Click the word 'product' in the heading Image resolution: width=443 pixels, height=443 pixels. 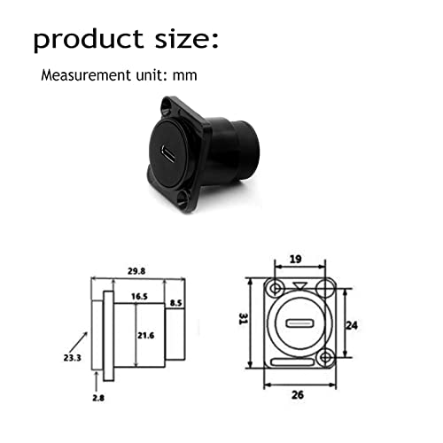click(89, 40)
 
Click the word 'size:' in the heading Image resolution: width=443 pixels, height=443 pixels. click(187, 38)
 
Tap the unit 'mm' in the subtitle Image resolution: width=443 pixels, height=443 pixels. click(185, 76)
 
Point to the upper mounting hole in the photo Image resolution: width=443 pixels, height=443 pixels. click(167, 106)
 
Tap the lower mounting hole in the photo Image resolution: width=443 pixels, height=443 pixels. click(184, 197)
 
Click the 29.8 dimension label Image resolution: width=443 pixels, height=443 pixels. click(136, 271)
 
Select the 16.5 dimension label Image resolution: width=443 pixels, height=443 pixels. click(139, 297)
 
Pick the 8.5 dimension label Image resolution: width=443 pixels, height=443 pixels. click(176, 303)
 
